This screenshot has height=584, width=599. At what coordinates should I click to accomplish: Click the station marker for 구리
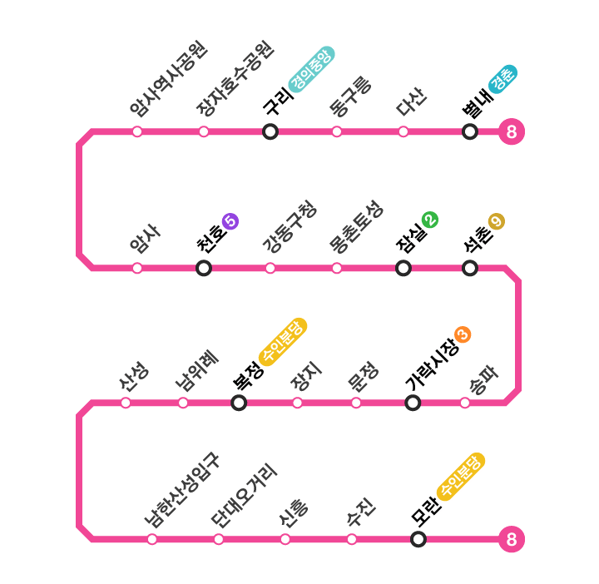270,131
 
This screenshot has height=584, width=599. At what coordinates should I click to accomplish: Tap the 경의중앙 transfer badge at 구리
310,68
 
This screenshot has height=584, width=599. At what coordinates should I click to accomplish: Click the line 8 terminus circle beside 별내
512,131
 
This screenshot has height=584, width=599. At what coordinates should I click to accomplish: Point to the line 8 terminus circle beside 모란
512,539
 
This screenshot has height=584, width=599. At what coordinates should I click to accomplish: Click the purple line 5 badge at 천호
230,221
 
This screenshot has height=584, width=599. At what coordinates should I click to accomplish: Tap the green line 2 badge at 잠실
430,220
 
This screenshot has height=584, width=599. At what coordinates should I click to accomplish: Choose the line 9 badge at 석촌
497,221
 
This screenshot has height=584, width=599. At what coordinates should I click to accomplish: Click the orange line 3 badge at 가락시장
463,334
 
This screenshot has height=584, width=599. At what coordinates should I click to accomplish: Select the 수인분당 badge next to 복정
283,341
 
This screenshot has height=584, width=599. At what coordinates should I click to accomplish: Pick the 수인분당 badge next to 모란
461,477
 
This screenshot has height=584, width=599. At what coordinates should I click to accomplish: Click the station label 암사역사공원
168,79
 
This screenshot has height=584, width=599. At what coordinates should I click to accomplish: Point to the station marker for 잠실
403,268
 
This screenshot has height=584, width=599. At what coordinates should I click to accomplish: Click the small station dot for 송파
465,403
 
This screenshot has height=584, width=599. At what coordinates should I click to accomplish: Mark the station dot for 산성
126,403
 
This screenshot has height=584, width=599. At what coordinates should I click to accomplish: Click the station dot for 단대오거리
219,539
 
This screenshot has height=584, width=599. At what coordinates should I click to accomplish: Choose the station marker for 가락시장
413,403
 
